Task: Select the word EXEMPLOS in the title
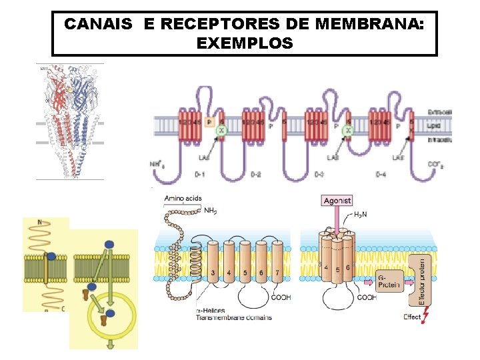[x=245, y=44]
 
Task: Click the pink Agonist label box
[x=337, y=200]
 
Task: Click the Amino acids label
[x=182, y=198]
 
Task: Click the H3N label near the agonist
[x=361, y=214]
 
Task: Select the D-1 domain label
[x=199, y=174]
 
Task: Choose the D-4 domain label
[x=381, y=174]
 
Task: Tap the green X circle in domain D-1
[x=222, y=132]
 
